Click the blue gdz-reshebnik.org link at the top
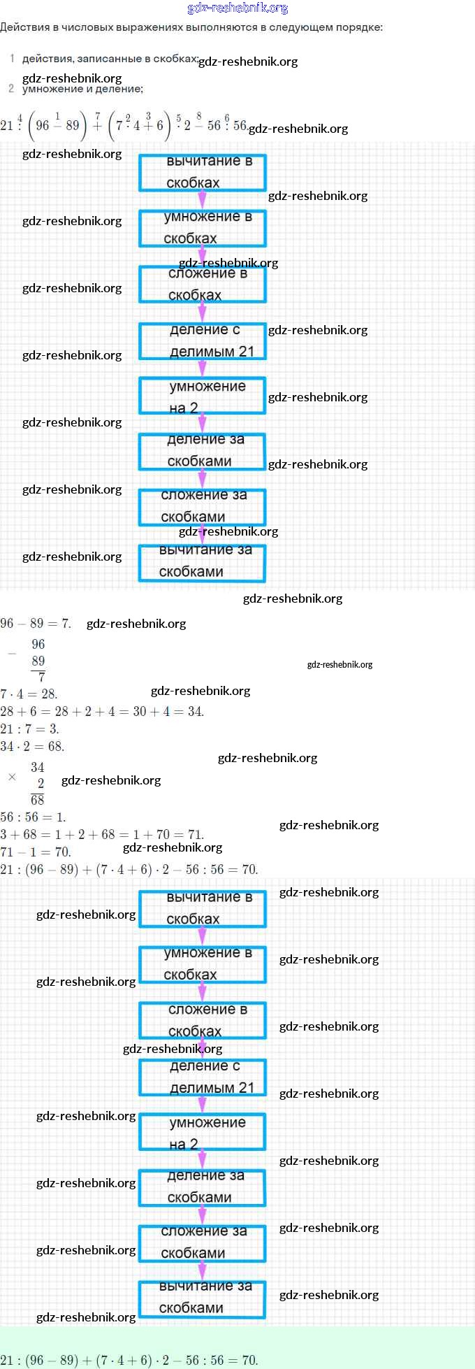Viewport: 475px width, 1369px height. coord(237,8)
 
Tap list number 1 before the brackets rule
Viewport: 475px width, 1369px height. coord(12,59)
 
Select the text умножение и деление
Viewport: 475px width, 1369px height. coord(82,89)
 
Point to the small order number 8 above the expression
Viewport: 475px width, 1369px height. coord(199,116)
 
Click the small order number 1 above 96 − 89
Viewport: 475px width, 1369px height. coord(57,116)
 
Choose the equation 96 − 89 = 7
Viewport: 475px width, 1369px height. coord(36,624)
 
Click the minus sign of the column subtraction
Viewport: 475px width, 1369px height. coord(11,654)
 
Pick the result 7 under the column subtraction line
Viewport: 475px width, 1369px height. coord(42,677)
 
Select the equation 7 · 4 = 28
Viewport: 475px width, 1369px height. coord(29,694)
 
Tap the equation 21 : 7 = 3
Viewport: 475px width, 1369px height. coord(29,729)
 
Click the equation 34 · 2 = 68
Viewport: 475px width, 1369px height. coord(32,747)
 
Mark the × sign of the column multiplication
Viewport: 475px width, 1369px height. coord(11,777)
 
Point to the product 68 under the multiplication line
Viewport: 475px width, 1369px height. coord(38,800)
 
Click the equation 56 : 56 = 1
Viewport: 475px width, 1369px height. coord(33,817)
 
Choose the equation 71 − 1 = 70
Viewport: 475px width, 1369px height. coord(36,852)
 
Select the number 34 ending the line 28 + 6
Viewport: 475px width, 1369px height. coord(196,712)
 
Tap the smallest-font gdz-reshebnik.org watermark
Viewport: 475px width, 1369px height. coord(339,664)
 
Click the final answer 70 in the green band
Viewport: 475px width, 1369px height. coord(249,1360)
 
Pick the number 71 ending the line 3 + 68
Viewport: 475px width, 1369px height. coord(196,835)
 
